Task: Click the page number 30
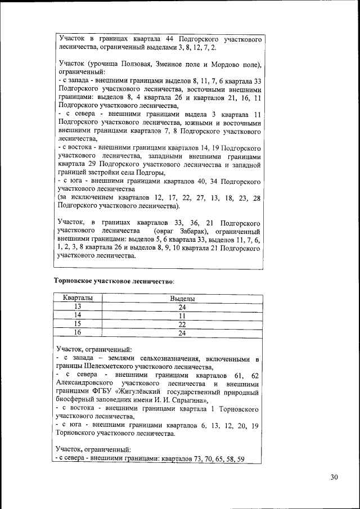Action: (334, 477)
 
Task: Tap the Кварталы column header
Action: (78, 298)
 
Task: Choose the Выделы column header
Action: (182, 298)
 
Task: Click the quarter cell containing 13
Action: (78, 307)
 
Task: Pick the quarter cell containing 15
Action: (78, 324)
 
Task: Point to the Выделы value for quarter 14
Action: (182, 316)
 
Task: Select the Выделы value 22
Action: (182, 324)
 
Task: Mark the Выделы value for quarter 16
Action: (182, 333)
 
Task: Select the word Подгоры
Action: (148, 173)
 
